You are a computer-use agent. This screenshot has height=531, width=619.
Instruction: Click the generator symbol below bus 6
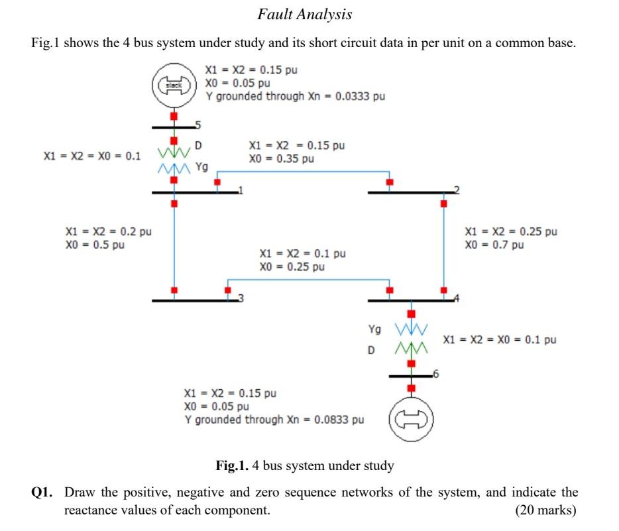410,420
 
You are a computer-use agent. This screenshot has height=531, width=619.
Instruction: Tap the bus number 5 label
197,124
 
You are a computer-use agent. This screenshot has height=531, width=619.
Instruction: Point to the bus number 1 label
241,190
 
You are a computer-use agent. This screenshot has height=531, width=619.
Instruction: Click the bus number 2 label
456,190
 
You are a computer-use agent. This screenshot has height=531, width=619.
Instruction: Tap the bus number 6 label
434,375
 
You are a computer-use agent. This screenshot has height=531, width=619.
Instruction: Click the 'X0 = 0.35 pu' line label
281,159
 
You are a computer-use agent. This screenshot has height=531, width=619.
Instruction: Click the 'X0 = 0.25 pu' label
292,266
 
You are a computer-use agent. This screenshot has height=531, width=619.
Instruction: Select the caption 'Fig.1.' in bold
233,465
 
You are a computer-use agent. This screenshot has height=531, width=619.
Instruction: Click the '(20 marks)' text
545,510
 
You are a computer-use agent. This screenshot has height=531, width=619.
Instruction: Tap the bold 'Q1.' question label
44,493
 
